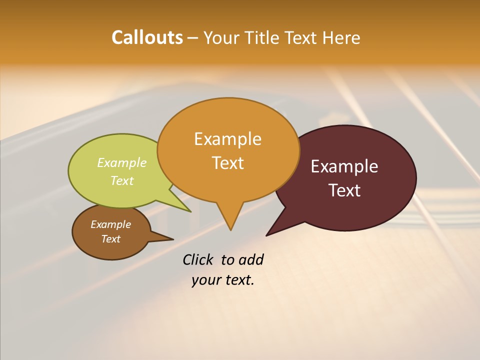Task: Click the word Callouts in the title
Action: click(x=147, y=37)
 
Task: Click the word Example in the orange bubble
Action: click(x=227, y=138)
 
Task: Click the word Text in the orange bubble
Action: click(x=227, y=163)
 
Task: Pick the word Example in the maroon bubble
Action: click(x=344, y=166)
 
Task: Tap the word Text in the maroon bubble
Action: click(x=344, y=190)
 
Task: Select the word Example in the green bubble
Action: click(x=122, y=162)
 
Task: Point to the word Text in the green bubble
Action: click(x=122, y=180)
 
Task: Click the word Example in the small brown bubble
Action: click(x=110, y=224)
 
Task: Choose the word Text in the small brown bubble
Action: click(x=110, y=239)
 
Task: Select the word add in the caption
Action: click(x=251, y=259)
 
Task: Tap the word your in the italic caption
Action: click(x=205, y=280)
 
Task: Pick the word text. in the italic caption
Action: click(x=238, y=280)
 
